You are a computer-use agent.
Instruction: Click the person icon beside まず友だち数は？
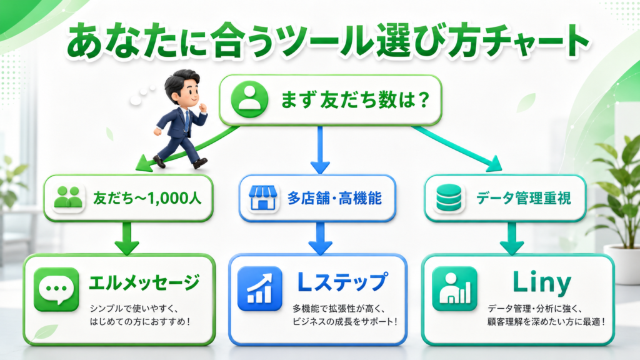[249, 99]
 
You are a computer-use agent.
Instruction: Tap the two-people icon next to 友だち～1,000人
[68, 197]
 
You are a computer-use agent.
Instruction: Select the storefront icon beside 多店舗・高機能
[263, 197]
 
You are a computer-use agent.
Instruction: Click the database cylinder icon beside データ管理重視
[449, 198]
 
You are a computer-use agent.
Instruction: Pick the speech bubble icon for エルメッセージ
[56, 289]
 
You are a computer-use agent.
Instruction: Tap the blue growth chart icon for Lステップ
[259, 289]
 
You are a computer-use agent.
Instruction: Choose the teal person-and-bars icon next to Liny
[455, 289]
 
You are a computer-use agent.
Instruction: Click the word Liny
[542, 282]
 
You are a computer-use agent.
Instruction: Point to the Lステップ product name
[342, 282]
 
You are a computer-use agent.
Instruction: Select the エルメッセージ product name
[144, 283]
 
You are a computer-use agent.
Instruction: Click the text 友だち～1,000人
[147, 198]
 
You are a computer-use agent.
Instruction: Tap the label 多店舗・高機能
[335, 198]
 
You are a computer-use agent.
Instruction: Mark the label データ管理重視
[523, 198]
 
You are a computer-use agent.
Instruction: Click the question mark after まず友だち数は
[424, 99]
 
